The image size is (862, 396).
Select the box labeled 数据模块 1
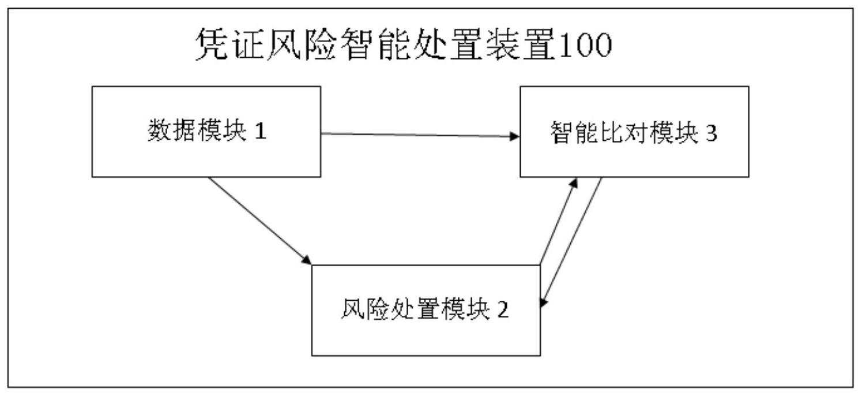click(x=206, y=131)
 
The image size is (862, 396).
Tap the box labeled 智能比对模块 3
click(x=634, y=131)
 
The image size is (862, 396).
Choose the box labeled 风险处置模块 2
click(x=426, y=310)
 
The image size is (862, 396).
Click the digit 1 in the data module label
click(x=261, y=132)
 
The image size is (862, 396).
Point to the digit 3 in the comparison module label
click(x=712, y=134)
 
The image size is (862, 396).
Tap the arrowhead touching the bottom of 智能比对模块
click(x=573, y=182)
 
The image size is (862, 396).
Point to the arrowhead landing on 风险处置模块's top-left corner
click(x=306, y=260)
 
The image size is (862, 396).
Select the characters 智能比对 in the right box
click(x=593, y=134)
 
